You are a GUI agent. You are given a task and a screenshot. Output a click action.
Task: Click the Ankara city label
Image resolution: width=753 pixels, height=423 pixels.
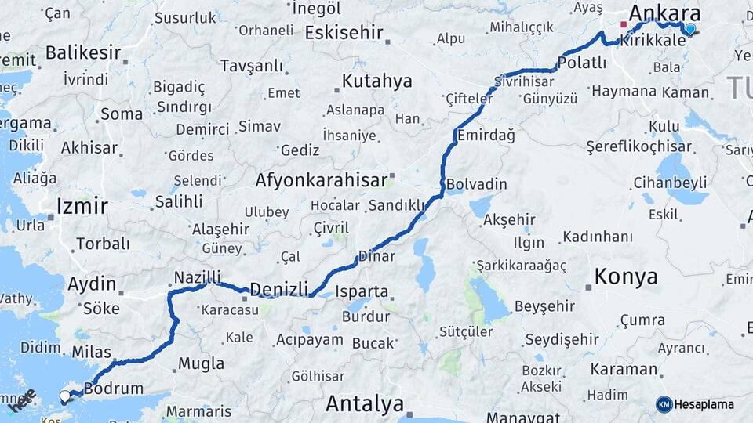click(x=664, y=13)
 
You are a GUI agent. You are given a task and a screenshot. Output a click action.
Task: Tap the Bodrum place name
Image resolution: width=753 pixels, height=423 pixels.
click(x=114, y=389)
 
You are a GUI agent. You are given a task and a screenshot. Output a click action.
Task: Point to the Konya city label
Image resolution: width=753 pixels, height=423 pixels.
click(x=626, y=277)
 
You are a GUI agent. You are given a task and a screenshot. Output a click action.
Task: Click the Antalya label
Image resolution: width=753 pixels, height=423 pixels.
click(x=365, y=404)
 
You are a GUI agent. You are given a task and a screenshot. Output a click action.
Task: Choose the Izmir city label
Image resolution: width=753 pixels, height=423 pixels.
click(x=82, y=207)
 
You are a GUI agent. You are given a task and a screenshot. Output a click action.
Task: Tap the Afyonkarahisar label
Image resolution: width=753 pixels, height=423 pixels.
click(x=322, y=180)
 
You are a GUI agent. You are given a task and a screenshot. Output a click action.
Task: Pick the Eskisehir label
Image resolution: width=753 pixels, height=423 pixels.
click(x=344, y=33)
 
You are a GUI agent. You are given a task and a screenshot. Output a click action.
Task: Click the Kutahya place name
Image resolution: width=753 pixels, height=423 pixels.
click(x=376, y=81)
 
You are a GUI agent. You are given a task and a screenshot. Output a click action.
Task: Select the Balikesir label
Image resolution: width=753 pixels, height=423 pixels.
click(x=83, y=53)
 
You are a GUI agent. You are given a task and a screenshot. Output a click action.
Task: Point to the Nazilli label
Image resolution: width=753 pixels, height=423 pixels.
click(x=197, y=277)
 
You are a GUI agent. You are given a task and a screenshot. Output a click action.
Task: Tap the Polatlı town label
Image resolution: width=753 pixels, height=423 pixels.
click(x=582, y=63)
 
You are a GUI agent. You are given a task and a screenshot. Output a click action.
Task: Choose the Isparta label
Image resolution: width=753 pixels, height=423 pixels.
click(x=362, y=291)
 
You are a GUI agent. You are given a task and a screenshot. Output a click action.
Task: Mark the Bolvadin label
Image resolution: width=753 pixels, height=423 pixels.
click(x=477, y=185)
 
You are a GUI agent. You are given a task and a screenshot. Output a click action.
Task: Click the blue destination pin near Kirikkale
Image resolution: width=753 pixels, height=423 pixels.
click(x=689, y=29)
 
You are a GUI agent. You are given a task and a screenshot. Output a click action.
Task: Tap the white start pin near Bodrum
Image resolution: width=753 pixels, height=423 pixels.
click(x=65, y=396)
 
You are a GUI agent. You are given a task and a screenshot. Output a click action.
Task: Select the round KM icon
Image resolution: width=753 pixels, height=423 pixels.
click(x=664, y=404)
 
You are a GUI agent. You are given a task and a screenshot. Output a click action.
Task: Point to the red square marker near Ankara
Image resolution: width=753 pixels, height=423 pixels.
click(x=624, y=24)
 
